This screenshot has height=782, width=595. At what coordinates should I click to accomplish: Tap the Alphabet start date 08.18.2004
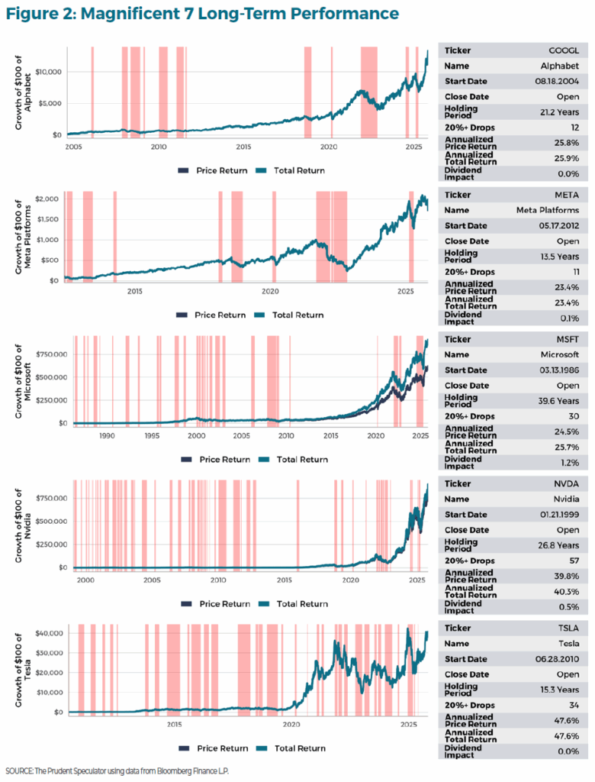[x=560, y=81]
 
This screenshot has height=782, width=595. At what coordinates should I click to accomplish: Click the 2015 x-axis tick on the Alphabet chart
[x=243, y=146]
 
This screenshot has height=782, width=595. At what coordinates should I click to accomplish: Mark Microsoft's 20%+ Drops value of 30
[x=575, y=415]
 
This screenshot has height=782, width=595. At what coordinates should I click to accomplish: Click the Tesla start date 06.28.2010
[x=560, y=658]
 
